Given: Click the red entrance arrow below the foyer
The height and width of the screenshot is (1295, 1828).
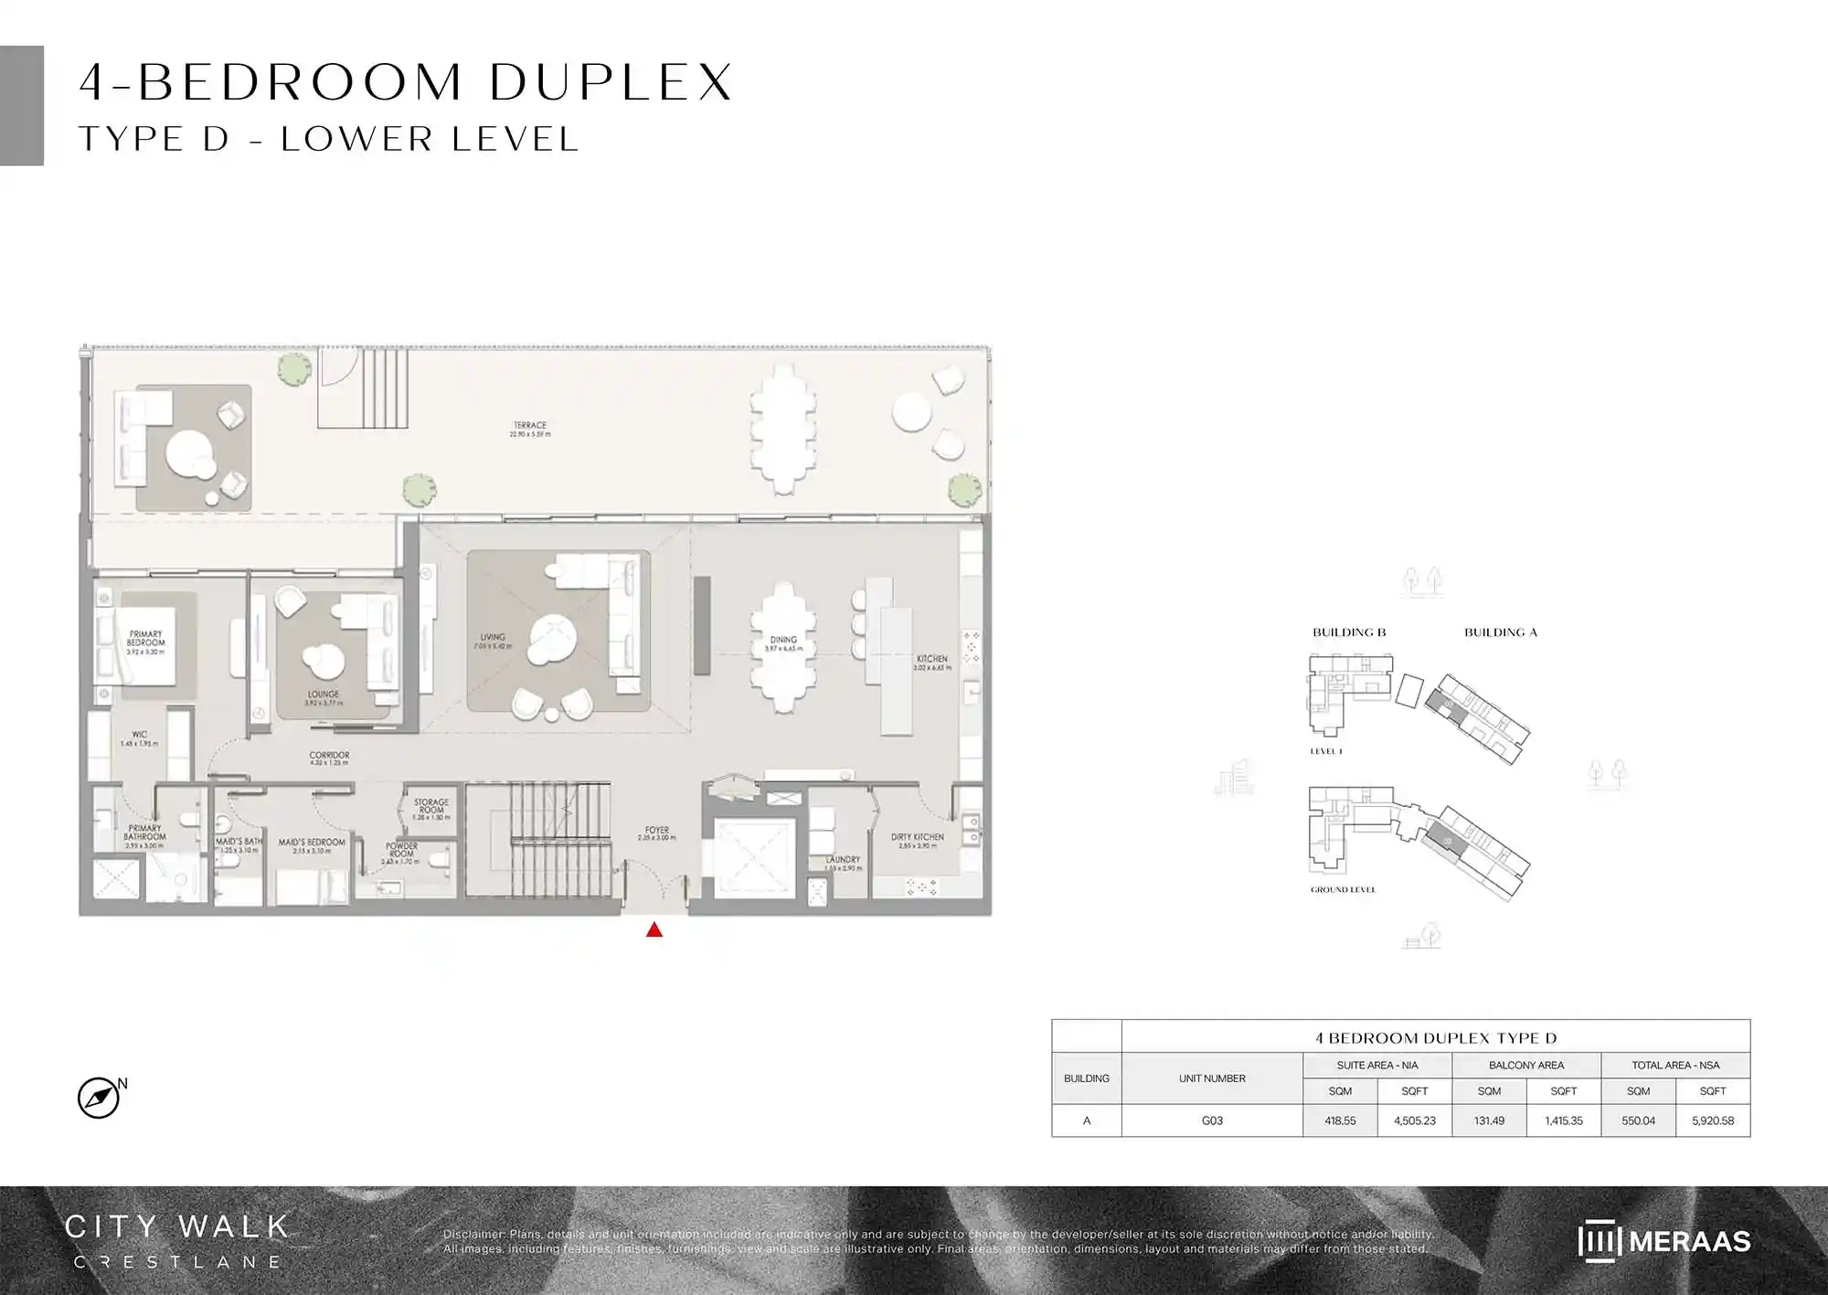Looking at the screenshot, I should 654,930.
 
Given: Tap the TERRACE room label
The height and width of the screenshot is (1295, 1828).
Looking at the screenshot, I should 530,426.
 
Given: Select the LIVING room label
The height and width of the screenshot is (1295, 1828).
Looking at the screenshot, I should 493,638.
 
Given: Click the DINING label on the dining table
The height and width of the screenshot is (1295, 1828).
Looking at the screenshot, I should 783,641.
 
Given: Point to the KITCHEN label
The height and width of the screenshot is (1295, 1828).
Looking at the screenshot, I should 932,659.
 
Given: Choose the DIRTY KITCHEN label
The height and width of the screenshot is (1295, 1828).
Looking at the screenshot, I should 917,837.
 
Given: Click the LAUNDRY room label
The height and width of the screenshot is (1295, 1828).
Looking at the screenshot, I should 842,860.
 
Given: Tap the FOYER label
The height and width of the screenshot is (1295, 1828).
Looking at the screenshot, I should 656,831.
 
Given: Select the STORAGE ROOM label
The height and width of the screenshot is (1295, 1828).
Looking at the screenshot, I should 431,806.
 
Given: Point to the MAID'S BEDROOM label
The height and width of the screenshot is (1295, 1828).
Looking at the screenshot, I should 312,843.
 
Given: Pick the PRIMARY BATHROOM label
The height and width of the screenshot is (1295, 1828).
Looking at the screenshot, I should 144,833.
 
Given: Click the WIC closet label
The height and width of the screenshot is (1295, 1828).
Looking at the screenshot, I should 139,735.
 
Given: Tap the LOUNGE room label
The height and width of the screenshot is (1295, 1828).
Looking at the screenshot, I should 324,695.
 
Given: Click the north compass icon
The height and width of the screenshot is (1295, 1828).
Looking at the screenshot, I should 99,1098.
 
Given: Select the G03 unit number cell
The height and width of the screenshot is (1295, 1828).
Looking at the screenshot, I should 1212,1120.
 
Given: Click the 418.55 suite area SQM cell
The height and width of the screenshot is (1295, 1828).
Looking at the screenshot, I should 1340,1120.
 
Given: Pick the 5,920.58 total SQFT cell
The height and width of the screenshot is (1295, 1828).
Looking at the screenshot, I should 1713,1120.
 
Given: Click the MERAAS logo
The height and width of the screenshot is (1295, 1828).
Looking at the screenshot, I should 1663,1241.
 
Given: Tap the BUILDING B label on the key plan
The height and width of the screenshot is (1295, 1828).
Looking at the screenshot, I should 1349,632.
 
